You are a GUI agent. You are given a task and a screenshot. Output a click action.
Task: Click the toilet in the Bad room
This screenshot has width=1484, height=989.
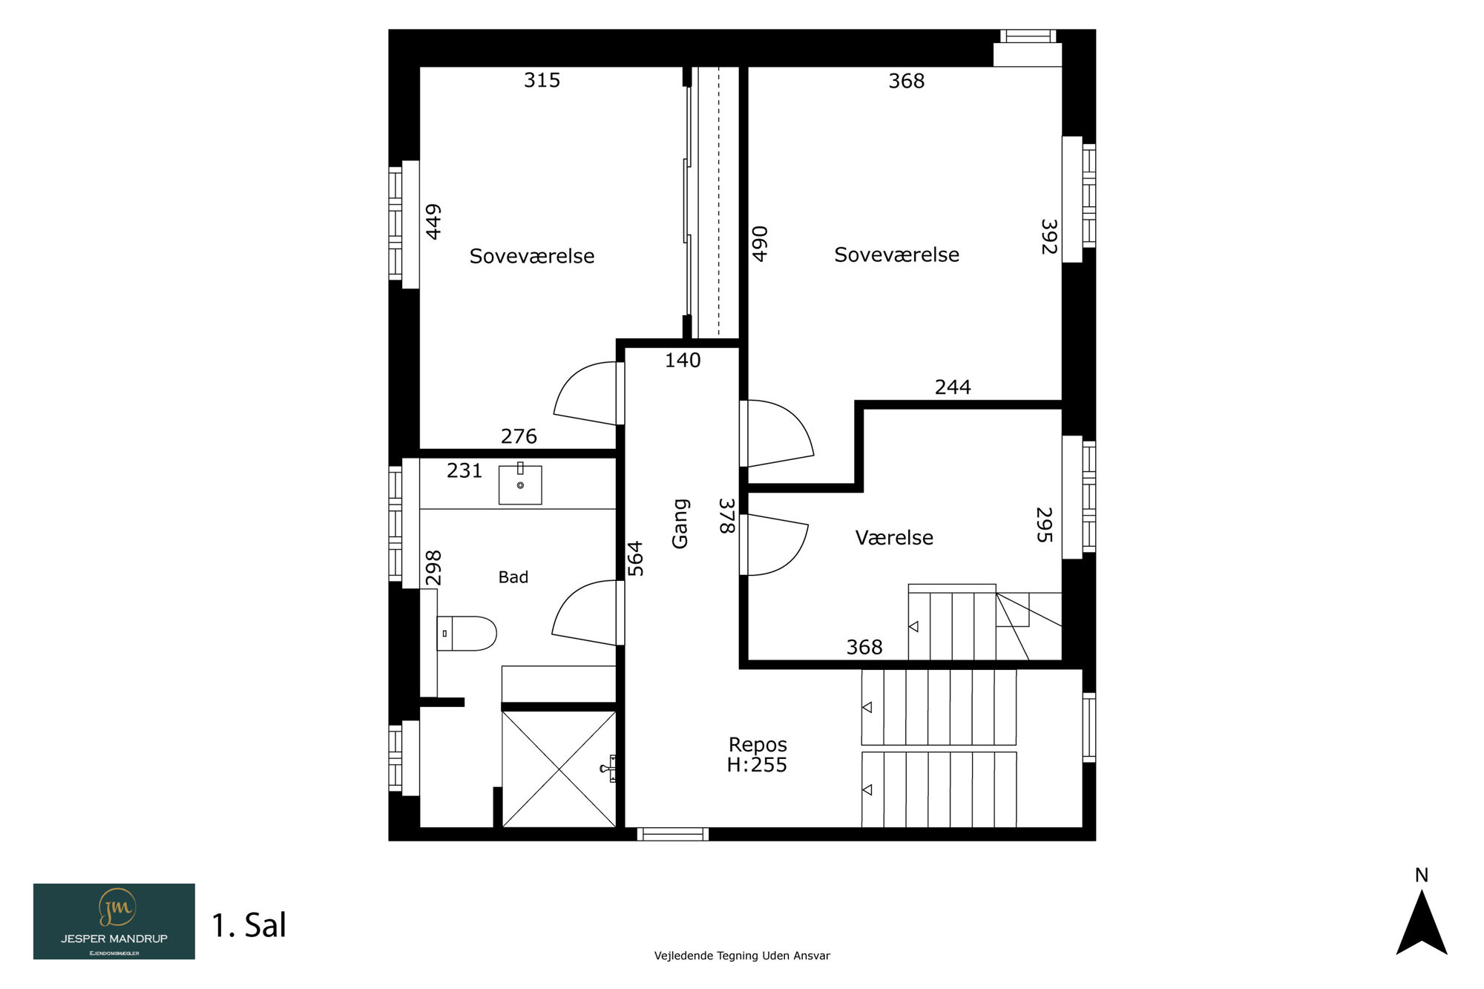pyautogui.click(x=466, y=634)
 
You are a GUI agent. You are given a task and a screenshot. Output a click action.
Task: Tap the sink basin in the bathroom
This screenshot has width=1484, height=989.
pyautogui.click(x=520, y=484)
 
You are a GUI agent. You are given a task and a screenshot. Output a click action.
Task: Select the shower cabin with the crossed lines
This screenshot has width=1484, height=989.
pyautogui.click(x=559, y=769)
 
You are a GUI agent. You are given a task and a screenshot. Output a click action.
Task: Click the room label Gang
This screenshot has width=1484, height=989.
pyautogui.click(x=680, y=524)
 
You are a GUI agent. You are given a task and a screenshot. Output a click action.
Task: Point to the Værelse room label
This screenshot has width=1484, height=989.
pyautogui.click(x=894, y=537)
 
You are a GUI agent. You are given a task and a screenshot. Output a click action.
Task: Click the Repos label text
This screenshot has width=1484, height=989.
pyautogui.click(x=758, y=745)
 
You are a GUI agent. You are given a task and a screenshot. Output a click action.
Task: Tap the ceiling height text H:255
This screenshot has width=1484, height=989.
pyautogui.click(x=757, y=765)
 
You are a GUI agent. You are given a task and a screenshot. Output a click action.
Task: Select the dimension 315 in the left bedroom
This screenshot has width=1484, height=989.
pyautogui.click(x=542, y=80)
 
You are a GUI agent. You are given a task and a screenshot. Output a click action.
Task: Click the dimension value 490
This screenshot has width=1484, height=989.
pyautogui.click(x=760, y=244)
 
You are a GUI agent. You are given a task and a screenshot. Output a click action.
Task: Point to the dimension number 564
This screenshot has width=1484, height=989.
pyautogui.click(x=635, y=559)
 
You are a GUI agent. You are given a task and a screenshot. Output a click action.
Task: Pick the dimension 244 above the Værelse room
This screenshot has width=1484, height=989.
pyautogui.click(x=953, y=387)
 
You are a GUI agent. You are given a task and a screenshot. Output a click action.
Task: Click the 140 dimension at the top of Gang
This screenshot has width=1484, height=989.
pyautogui.click(x=683, y=361)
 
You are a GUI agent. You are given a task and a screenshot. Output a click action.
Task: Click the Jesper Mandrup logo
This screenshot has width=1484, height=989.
pyautogui.click(x=114, y=921)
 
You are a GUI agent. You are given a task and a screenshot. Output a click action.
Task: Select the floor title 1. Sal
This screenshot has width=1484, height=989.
pyautogui.click(x=249, y=925)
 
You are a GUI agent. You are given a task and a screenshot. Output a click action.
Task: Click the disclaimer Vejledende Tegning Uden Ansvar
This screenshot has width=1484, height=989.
pyautogui.click(x=742, y=956)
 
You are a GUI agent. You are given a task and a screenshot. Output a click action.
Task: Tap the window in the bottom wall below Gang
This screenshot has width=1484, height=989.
pyautogui.click(x=673, y=834)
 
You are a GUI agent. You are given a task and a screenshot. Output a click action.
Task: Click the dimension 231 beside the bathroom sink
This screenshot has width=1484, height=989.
pyautogui.click(x=464, y=470)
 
